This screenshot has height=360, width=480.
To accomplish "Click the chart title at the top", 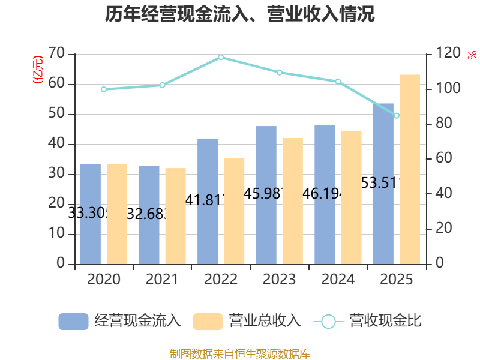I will tap(240, 14).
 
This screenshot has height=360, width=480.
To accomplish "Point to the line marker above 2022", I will tap(221, 58).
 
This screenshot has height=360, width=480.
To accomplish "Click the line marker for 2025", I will tap(397, 115).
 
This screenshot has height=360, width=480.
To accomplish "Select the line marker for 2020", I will tap(104, 89).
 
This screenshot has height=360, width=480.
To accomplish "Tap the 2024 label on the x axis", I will tap(338, 280).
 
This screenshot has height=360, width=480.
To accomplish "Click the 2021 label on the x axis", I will tap(162, 280).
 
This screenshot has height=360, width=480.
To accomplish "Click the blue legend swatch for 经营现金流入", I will tap(73, 321).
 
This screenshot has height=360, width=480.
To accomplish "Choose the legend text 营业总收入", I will tap(265, 321).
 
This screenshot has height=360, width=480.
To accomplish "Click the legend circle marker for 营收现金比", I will tap(328, 321).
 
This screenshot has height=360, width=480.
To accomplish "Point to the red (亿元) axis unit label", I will tap(37, 69).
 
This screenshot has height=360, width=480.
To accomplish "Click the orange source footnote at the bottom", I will tap(240, 353).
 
